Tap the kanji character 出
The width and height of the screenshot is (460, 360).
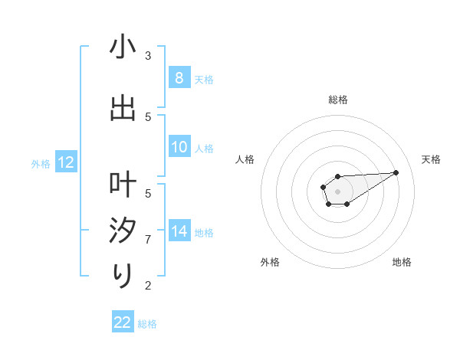point(123,108)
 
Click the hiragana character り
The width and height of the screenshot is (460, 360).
point(123,275)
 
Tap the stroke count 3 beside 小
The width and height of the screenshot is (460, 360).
point(148,56)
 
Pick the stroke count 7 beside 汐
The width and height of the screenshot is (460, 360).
point(148,240)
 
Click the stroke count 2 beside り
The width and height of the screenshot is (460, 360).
point(148,286)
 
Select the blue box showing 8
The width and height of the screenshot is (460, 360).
point(179,77)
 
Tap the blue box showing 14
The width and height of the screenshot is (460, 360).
point(179,231)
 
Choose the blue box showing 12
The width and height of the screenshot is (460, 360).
point(65,162)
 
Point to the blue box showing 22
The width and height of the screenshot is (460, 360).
point(123,322)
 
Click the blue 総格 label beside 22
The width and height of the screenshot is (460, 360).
point(147,324)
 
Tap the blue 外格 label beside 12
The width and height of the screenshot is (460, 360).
point(41,163)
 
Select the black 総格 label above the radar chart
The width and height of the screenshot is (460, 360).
point(337,100)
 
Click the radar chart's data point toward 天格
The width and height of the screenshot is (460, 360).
point(396,172)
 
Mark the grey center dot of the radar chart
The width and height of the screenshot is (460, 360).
point(337,191)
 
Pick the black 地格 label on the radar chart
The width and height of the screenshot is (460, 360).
point(402,262)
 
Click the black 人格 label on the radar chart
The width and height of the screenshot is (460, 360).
point(245,159)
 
